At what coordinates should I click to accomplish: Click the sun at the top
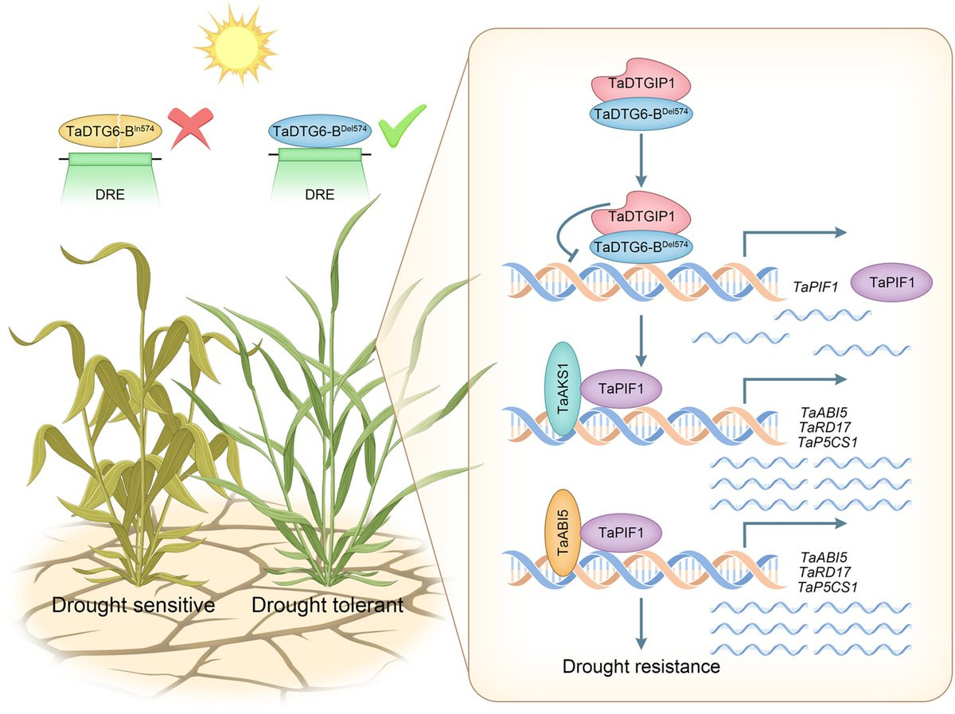(236, 45)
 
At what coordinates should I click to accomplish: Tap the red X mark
(190, 129)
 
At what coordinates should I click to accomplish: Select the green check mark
(401, 126)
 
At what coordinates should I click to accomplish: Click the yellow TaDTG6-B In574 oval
(110, 131)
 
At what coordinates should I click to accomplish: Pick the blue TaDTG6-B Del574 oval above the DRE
(320, 131)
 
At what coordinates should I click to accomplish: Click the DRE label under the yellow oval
(110, 194)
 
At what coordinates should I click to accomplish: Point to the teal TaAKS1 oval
(563, 388)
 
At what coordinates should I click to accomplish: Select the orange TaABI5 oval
(563, 533)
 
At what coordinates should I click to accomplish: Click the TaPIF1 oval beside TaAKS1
(621, 389)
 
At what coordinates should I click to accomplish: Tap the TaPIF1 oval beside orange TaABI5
(621, 533)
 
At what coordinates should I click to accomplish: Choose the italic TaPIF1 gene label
(815, 287)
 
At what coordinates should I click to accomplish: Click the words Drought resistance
(641, 666)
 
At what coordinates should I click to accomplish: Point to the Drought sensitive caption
(133, 605)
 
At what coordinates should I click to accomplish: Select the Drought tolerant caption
(327, 605)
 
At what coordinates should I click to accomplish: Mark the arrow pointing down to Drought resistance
(641, 624)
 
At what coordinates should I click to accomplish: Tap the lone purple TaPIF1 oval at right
(891, 282)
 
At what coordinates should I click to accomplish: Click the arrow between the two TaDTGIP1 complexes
(641, 160)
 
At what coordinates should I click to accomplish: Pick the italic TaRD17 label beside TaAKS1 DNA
(825, 427)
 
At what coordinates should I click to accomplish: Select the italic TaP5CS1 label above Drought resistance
(828, 587)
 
